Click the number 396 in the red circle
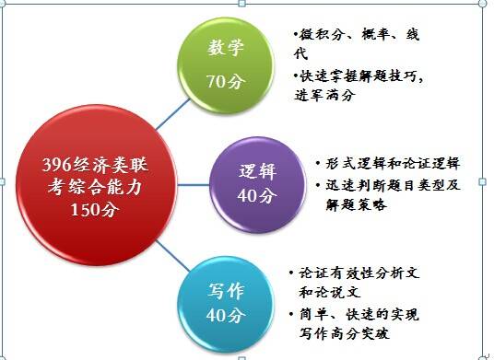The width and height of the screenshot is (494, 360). pos(59,167)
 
